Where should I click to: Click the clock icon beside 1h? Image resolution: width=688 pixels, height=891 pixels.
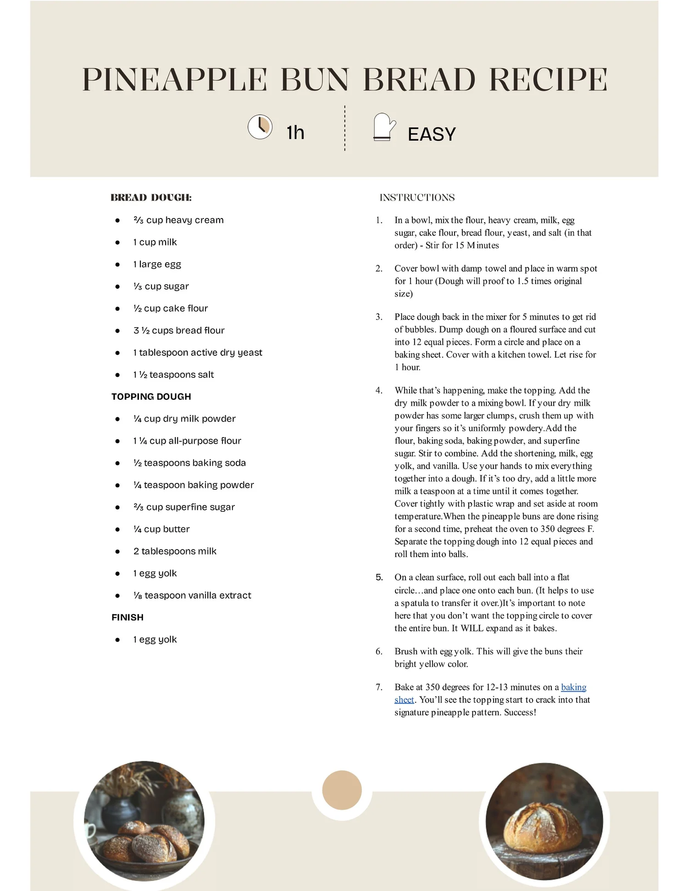click(260, 127)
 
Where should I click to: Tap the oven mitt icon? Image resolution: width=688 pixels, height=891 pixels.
click(383, 127)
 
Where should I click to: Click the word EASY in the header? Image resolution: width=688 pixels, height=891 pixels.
click(432, 134)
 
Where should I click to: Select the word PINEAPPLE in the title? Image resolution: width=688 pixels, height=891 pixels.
click(174, 80)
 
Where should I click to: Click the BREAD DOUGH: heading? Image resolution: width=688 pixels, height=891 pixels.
click(151, 198)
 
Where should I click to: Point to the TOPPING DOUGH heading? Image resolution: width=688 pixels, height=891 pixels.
click(151, 397)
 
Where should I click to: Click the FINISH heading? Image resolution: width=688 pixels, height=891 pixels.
click(128, 617)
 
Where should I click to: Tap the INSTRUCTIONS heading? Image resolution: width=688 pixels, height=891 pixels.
click(417, 198)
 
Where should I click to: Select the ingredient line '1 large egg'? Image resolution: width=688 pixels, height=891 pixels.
click(157, 264)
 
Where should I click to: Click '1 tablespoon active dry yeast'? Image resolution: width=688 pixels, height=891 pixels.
click(198, 353)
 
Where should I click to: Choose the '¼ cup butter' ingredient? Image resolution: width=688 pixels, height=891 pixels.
click(161, 529)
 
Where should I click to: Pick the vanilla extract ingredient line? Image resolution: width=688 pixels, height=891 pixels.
click(192, 595)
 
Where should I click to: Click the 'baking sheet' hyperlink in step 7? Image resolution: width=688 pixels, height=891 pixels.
click(573, 687)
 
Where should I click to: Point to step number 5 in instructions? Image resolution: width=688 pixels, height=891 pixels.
click(379, 577)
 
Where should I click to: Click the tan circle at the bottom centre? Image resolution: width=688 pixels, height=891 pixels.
click(342, 790)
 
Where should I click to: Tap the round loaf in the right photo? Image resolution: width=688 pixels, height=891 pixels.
click(543, 826)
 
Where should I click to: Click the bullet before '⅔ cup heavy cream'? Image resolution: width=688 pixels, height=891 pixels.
click(117, 220)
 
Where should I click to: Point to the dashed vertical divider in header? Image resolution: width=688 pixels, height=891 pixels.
click(345, 128)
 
